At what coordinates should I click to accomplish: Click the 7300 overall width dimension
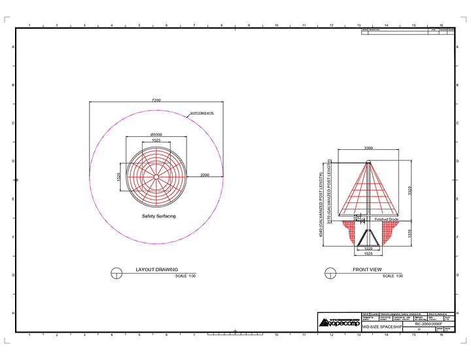click(x=156, y=100)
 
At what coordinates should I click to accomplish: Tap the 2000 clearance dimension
click(x=204, y=175)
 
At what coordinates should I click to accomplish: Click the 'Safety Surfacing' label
click(x=158, y=216)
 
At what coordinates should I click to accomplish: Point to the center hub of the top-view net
click(x=156, y=177)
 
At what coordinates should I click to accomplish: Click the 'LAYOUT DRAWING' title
click(x=156, y=269)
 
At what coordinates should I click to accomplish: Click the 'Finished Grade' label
click(x=386, y=219)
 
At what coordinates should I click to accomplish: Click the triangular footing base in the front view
click(x=368, y=239)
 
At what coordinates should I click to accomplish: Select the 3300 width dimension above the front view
click(x=368, y=149)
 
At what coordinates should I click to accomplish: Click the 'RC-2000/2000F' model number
click(x=428, y=323)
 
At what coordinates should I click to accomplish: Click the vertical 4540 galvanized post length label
click(x=321, y=204)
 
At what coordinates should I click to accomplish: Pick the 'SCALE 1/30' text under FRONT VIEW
click(x=392, y=277)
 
